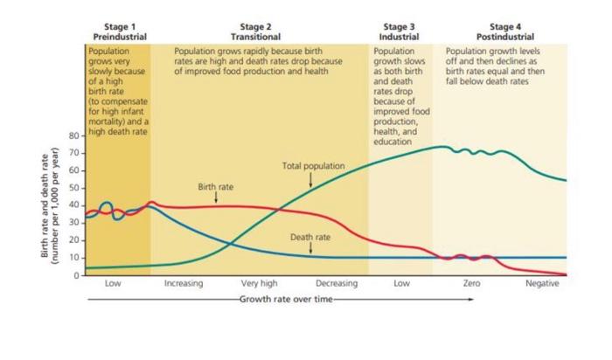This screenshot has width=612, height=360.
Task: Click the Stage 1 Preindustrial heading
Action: (x=119, y=32)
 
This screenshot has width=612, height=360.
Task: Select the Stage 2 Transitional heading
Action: (x=255, y=32)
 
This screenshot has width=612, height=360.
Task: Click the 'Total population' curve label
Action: (x=313, y=165)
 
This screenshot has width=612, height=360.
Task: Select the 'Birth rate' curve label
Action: (x=216, y=187)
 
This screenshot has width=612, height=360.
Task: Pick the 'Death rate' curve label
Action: (x=310, y=237)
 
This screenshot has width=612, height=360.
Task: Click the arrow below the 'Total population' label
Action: (x=311, y=178)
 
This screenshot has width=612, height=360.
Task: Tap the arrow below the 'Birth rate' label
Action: (x=216, y=198)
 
